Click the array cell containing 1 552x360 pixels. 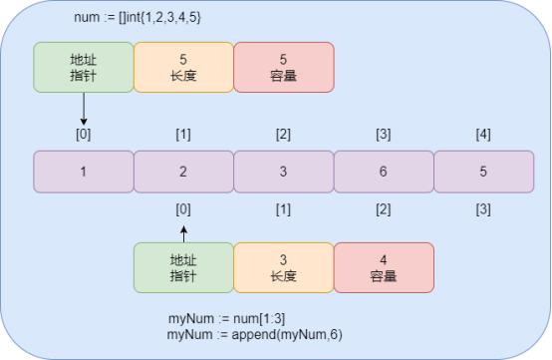point(84,171)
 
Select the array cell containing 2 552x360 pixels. point(183,171)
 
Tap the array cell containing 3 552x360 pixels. point(283,171)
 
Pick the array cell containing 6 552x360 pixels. point(384,171)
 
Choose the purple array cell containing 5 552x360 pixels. point(483,171)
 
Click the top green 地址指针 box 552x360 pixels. point(84,67)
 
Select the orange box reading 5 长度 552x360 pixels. point(183,67)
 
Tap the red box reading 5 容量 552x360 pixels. point(284,67)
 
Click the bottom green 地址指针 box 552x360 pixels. point(183,267)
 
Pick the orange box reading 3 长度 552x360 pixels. point(283,267)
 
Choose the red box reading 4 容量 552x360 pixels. point(384,267)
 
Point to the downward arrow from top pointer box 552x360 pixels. point(84,108)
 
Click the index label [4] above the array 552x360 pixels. point(483,134)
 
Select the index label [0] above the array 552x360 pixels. point(84,134)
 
